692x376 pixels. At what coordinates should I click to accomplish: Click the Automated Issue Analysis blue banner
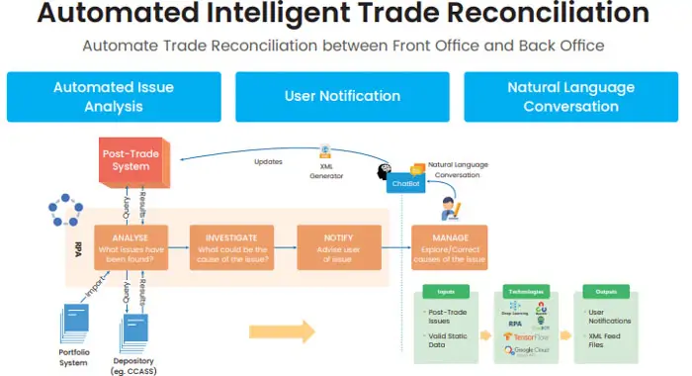(113, 96)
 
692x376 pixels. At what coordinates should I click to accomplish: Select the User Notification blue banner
(342, 96)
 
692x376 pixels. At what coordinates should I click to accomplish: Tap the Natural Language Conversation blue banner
(571, 96)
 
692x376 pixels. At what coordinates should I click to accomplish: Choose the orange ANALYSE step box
(130, 246)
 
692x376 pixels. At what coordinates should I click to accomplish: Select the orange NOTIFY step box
(338, 246)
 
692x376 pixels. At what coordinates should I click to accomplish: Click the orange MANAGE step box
(451, 246)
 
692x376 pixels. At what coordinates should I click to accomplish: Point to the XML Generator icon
(325, 154)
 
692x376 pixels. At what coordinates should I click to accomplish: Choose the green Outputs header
(608, 293)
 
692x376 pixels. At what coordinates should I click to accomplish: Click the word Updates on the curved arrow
(268, 160)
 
